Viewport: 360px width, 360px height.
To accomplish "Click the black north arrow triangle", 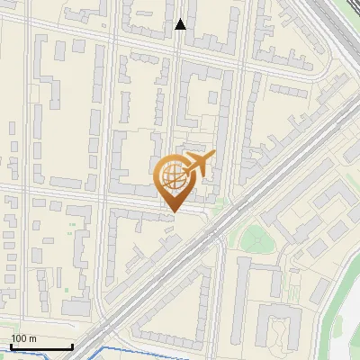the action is [x=181, y=24].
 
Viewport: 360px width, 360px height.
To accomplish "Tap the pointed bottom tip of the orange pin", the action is [x=173, y=212].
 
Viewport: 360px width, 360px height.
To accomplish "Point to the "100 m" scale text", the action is [x=23, y=338].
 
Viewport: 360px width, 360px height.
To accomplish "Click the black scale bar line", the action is [x=41, y=346].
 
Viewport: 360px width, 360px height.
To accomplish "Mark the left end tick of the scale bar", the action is [x=11, y=345].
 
